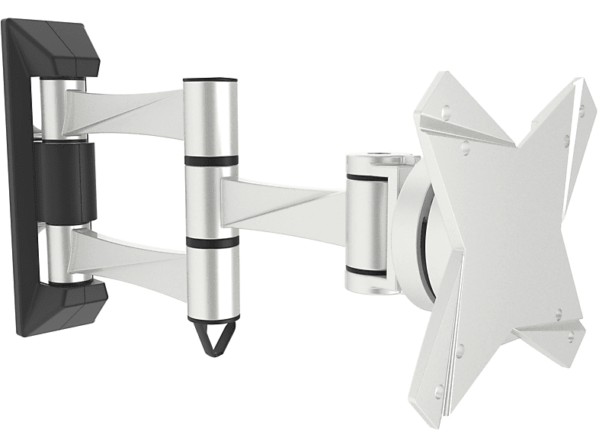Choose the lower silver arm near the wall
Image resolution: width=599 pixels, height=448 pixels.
pyautogui.click(x=126, y=253)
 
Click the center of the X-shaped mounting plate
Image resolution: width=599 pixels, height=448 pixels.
pyautogui.click(x=503, y=221)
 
